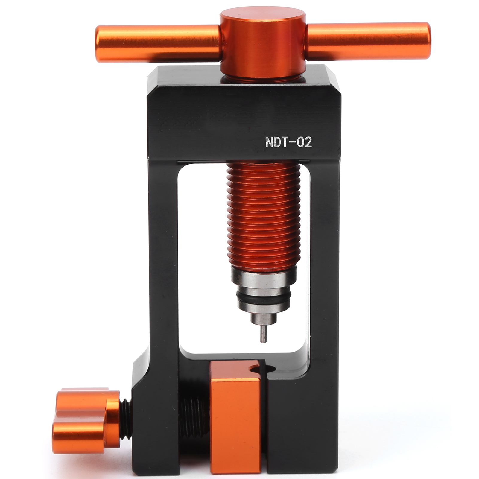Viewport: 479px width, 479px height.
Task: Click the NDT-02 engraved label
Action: pos(288,142)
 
